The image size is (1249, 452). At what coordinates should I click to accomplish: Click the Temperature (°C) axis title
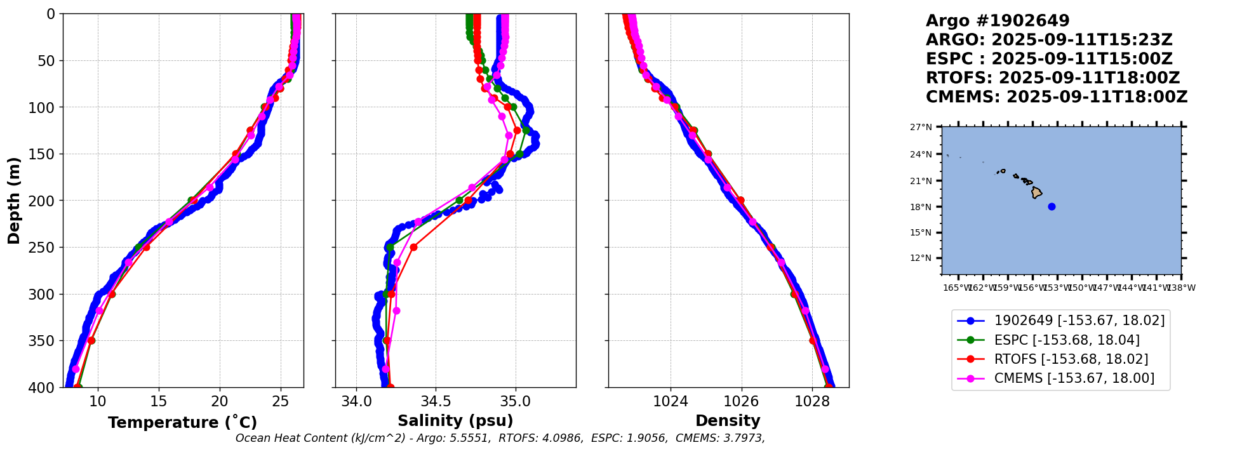click(182, 422)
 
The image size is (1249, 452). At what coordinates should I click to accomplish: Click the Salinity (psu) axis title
click(455, 421)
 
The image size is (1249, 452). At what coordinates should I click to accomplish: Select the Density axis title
click(728, 421)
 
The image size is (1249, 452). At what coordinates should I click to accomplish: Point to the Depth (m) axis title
click(14, 201)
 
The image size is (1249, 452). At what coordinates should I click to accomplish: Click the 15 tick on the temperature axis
click(159, 401)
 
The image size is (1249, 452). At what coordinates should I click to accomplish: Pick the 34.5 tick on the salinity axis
click(436, 401)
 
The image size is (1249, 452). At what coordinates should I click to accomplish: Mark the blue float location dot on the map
click(1052, 206)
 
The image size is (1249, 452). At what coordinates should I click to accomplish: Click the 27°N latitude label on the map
click(921, 127)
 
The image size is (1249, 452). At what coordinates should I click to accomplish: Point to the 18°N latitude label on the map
click(921, 207)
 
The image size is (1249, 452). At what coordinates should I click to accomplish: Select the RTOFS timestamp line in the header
click(1052, 78)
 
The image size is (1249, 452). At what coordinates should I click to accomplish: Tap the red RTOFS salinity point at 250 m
click(413, 247)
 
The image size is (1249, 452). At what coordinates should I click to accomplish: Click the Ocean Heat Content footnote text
click(500, 438)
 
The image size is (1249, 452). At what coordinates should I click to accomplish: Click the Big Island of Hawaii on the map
click(1036, 192)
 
